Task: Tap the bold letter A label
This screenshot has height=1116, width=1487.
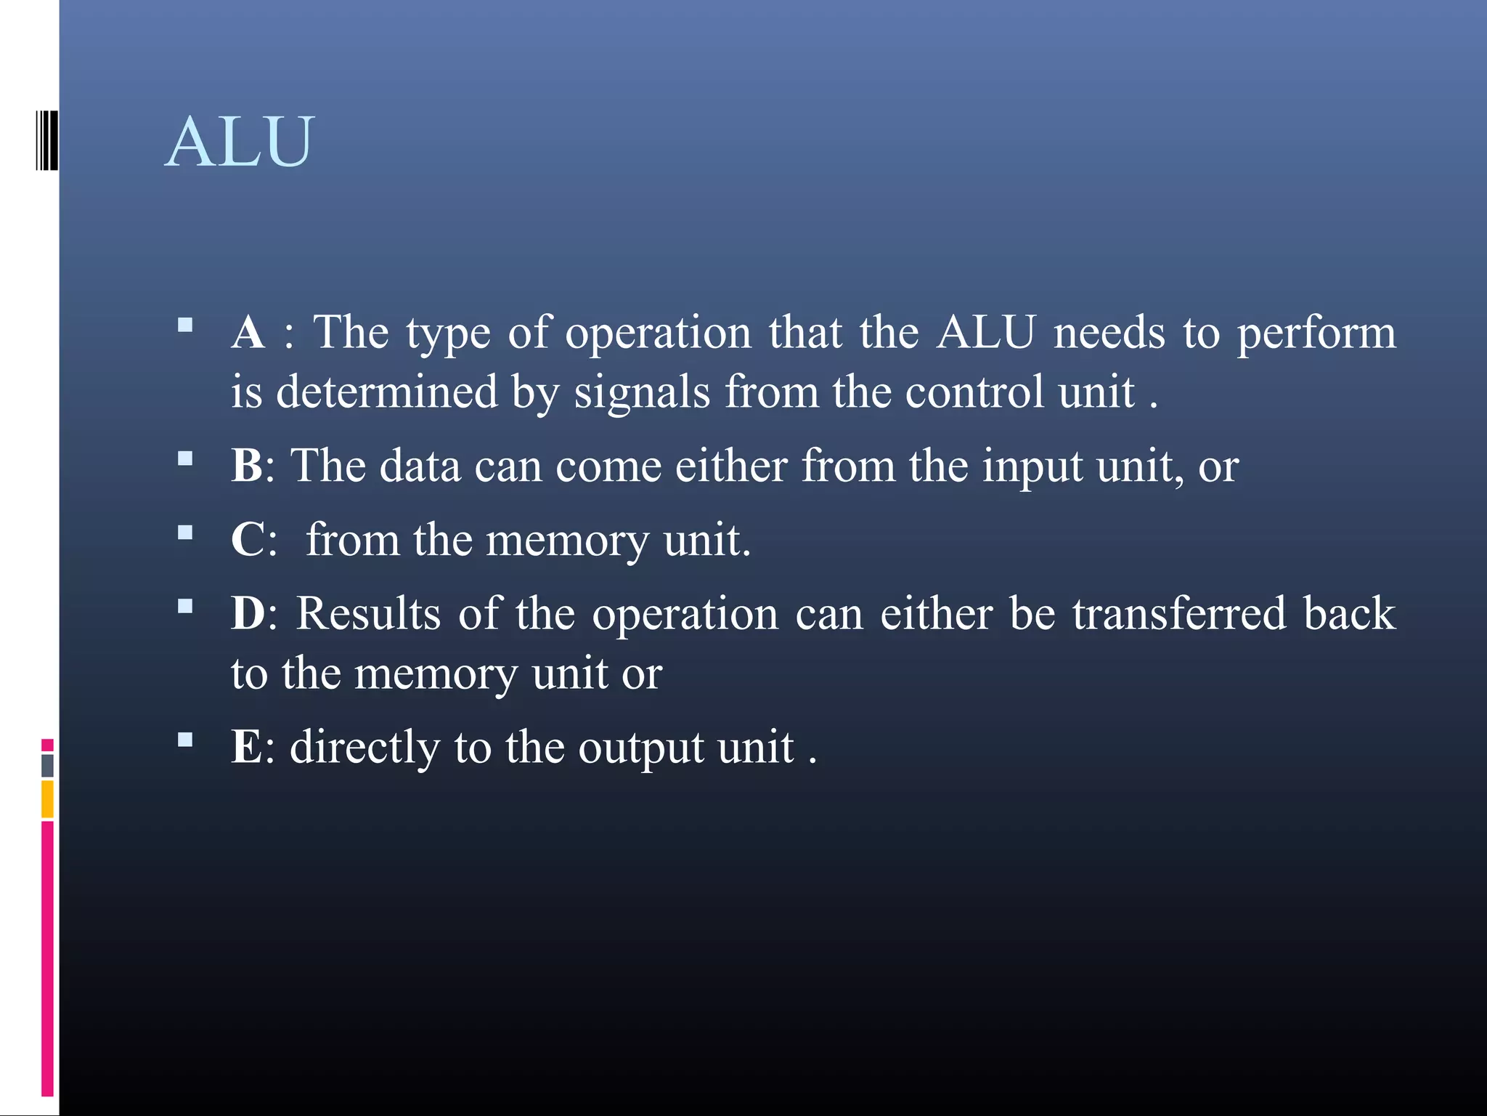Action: click(x=248, y=333)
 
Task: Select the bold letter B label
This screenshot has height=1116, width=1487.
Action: click(x=248, y=466)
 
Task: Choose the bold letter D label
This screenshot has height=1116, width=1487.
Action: click(x=248, y=614)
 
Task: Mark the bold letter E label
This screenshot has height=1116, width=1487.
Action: click(x=247, y=747)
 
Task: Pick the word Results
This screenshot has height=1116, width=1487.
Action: click(x=369, y=614)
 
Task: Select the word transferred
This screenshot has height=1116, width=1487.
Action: click(x=1179, y=614)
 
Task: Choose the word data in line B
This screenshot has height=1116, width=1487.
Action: click(x=420, y=466)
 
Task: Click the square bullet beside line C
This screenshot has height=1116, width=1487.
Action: click(x=185, y=533)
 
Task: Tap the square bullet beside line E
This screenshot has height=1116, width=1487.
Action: click(x=185, y=740)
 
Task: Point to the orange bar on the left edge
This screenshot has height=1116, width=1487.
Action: click(x=47, y=798)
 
